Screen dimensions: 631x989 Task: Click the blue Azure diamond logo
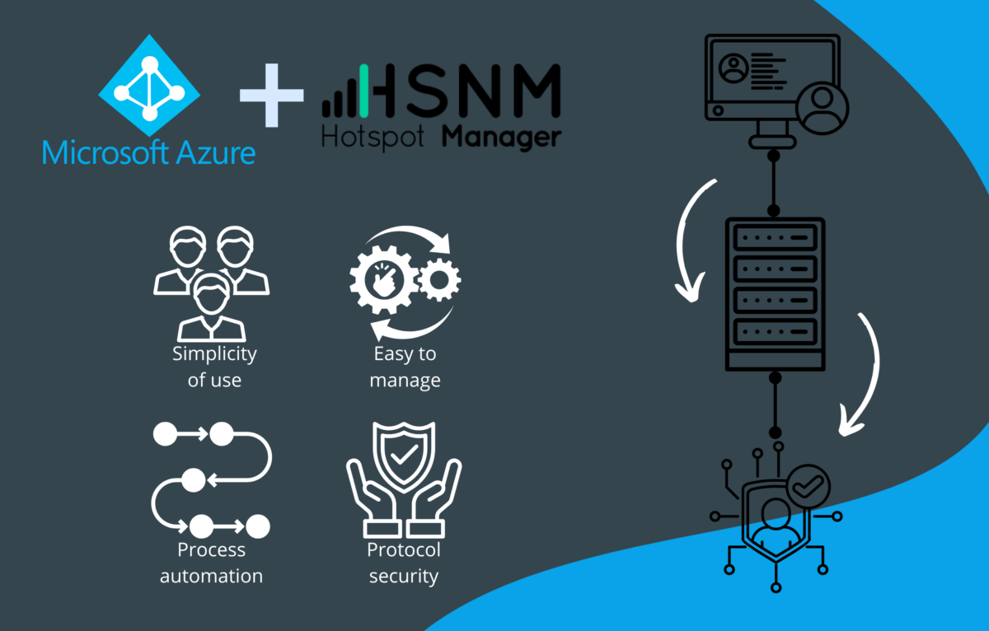point(149,86)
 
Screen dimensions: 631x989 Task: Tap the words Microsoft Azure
point(148,152)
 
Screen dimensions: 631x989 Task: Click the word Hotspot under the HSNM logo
point(373,137)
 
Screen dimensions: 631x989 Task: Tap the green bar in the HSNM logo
point(363,91)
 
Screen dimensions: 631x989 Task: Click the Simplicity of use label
point(214,367)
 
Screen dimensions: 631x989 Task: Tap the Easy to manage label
point(405,367)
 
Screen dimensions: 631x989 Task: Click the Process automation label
point(211,563)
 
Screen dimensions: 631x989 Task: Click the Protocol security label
point(404,563)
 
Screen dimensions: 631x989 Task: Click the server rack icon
point(774,294)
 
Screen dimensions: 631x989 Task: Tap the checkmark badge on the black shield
point(808,487)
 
